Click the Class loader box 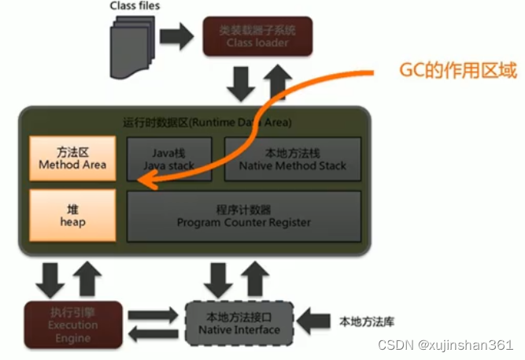(257, 35)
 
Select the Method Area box (72, 158)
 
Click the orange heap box (72, 215)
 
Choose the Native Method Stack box (293, 158)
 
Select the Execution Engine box (72, 324)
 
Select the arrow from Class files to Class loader (176, 35)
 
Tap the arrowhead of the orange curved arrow (145, 184)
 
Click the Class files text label (135, 6)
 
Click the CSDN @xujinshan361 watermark (445, 346)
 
